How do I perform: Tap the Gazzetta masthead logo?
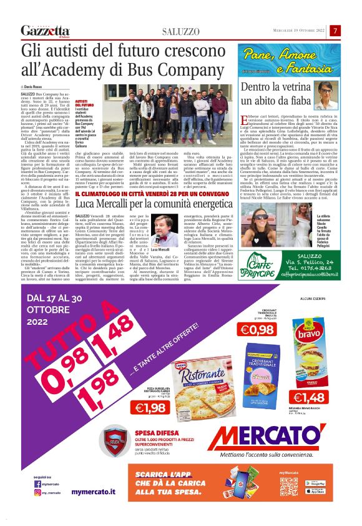coord(45,31)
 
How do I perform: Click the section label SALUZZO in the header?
coord(182,31)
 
